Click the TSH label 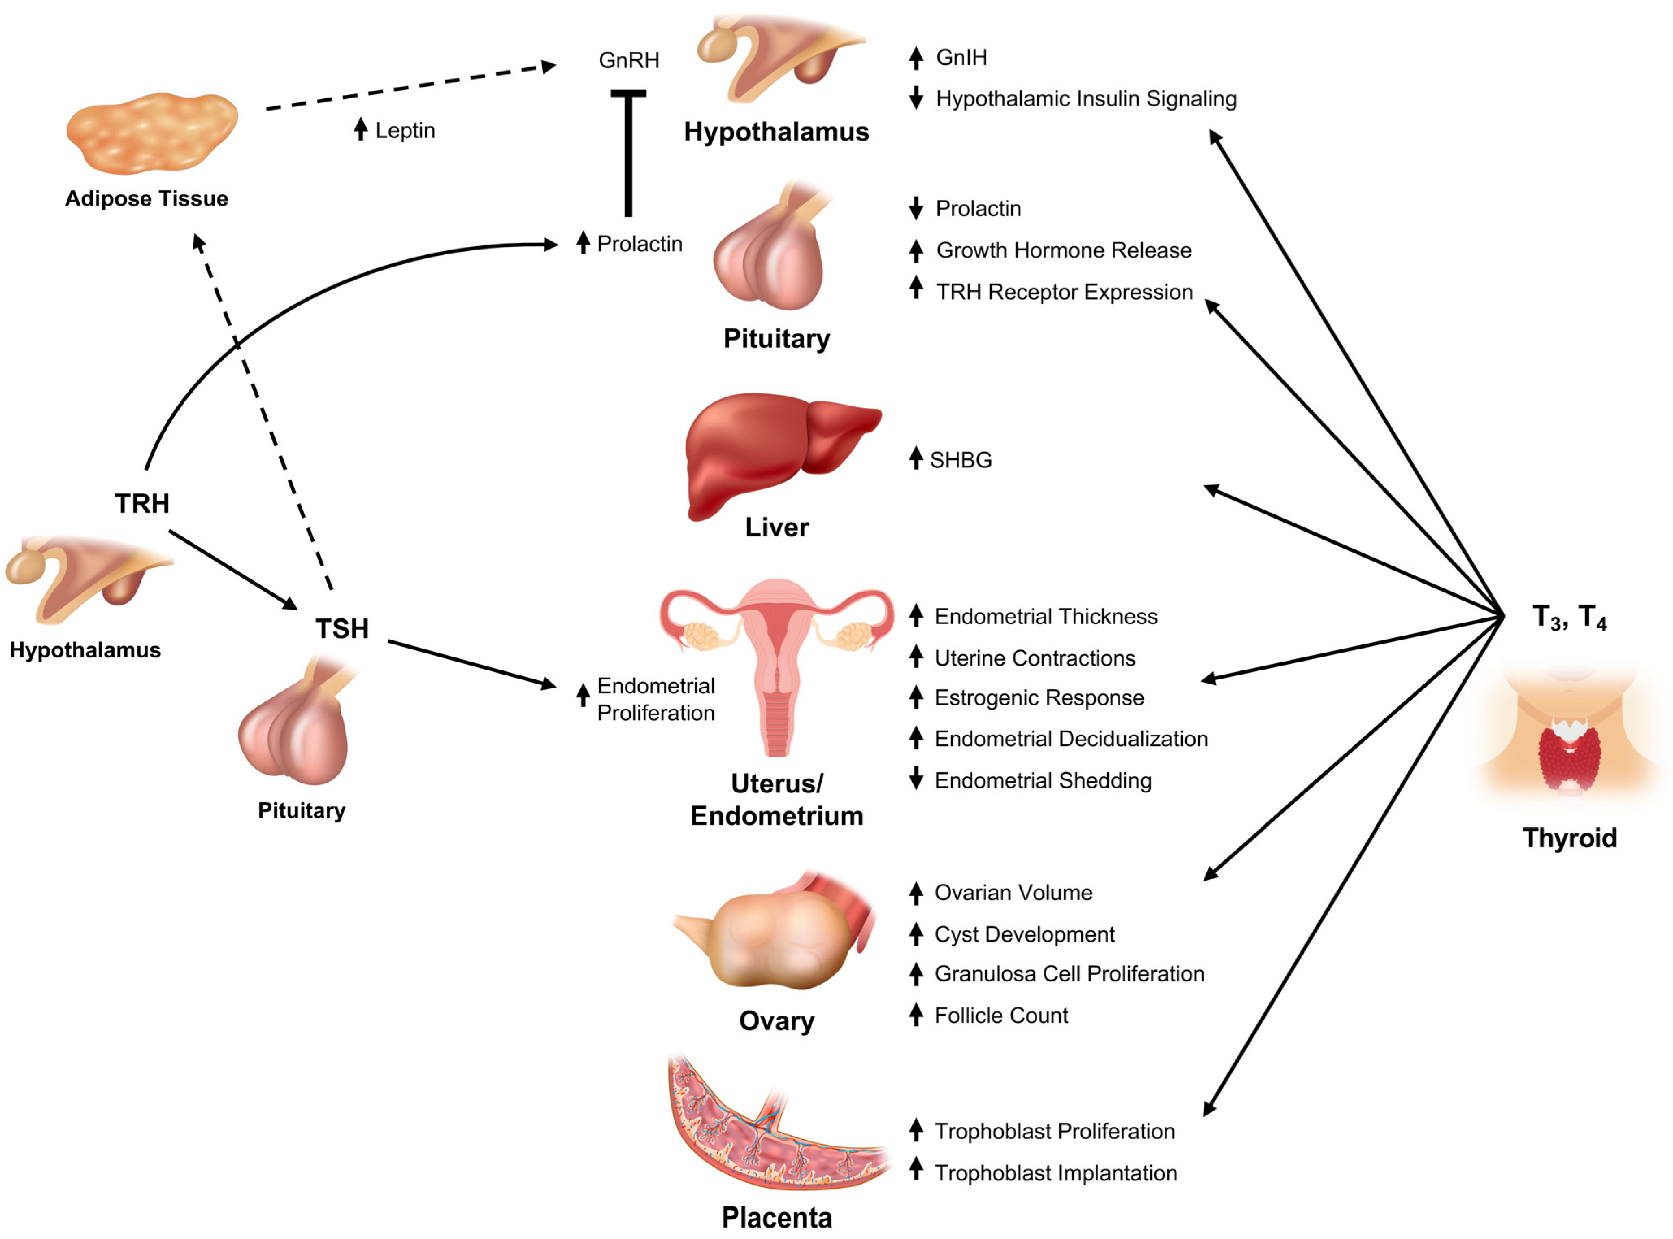pos(342,629)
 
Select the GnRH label pos(628,60)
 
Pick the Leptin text pos(405,130)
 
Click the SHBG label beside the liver pos(961,460)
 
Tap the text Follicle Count pos(1001,1016)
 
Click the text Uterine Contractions pos(1035,658)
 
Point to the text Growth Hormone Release pos(1063,250)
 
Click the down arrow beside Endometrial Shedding pos(916,779)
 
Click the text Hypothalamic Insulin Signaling pos(1086,99)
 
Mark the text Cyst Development pos(1024,935)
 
